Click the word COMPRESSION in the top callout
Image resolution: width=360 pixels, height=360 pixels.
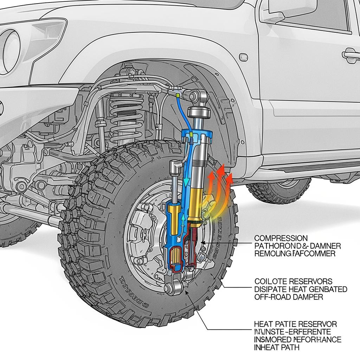point(281,238)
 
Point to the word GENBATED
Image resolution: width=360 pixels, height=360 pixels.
point(327,289)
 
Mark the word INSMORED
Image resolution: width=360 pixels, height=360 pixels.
point(275,340)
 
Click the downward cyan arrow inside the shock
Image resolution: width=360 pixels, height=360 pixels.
point(184,179)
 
